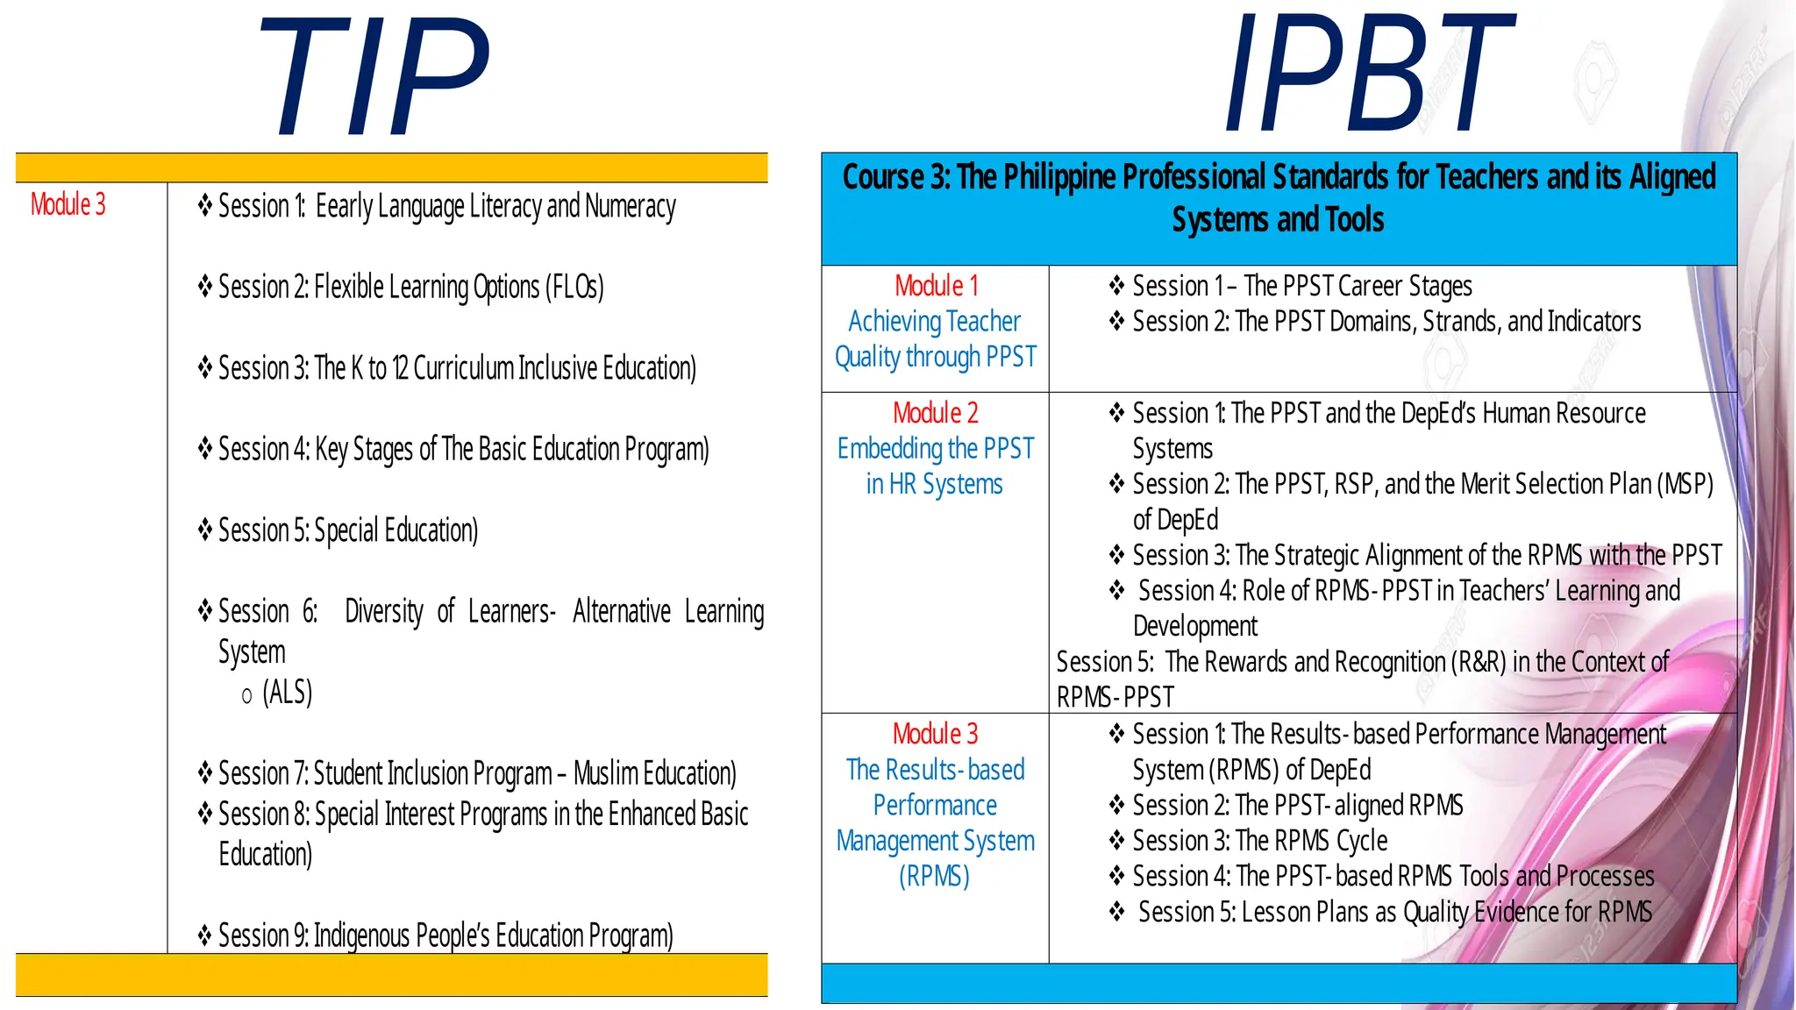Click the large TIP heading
coord(374,77)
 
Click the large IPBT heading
coord(1367,74)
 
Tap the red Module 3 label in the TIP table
coord(68,204)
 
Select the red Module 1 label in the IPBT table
coord(936,286)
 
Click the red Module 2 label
coord(935,413)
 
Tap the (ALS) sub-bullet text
coord(287,693)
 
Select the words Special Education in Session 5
coord(395,530)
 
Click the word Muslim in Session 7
coord(605,774)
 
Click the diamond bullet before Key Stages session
coord(205,449)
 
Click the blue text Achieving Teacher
coord(934,322)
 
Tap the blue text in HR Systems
coord(934,484)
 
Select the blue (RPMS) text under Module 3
coord(934,877)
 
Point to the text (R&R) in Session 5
coord(1478,662)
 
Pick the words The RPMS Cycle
coord(1311,841)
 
